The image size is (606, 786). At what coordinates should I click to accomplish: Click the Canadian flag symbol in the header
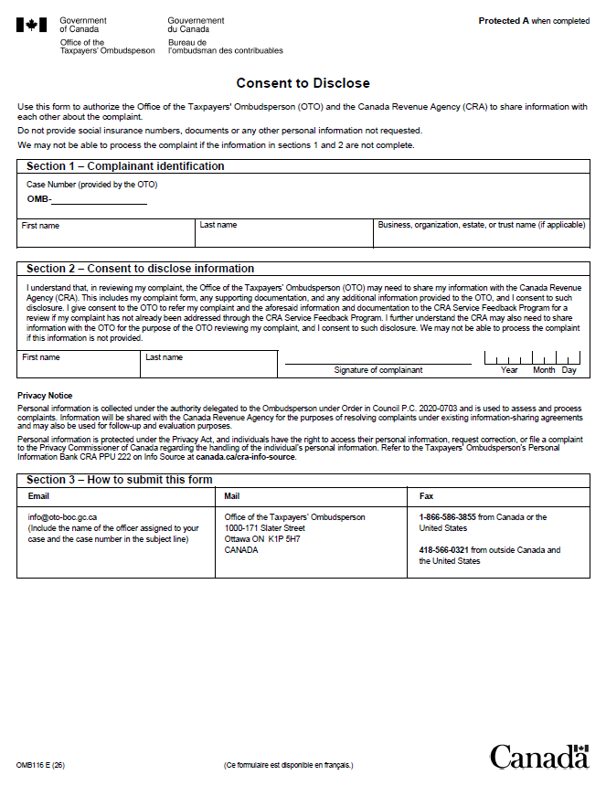point(31,25)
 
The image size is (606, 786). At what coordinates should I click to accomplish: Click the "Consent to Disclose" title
point(303,83)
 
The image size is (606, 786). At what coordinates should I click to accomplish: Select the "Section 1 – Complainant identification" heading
point(125,166)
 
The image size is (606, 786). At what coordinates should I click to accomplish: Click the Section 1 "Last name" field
point(283,237)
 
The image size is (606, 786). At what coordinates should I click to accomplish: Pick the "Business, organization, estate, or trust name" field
point(482,237)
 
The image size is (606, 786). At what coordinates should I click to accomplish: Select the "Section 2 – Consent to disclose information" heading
point(140,269)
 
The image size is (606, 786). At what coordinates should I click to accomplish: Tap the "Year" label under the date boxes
point(509,370)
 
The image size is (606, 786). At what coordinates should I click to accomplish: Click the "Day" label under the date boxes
point(569,370)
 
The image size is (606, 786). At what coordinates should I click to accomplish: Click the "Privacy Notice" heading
point(45,395)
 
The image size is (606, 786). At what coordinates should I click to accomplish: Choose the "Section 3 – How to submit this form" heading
point(119,480)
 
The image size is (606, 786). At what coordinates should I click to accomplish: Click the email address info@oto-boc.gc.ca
point(62,517)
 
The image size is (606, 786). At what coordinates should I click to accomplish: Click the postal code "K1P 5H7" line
point(262,539)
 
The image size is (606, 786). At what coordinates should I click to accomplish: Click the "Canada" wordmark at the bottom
point(538,758)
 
